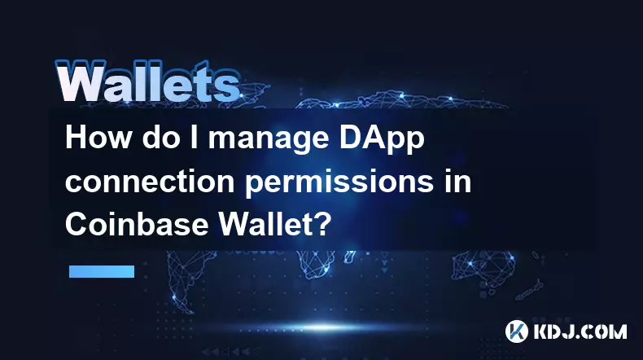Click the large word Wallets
click(x=147, y=81)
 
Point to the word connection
click(x=150, y=182)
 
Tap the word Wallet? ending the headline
click(x=273, y=224)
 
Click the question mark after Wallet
click(x=323, y=224)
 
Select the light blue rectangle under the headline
click(x=102, y=271)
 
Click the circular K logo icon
click(x=517, y=331)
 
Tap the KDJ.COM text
click(x=580, y=331)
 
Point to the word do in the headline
click(x=158, y=138)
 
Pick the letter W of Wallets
click(x=80, y=81)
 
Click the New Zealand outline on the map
click(x=530, y=289)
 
